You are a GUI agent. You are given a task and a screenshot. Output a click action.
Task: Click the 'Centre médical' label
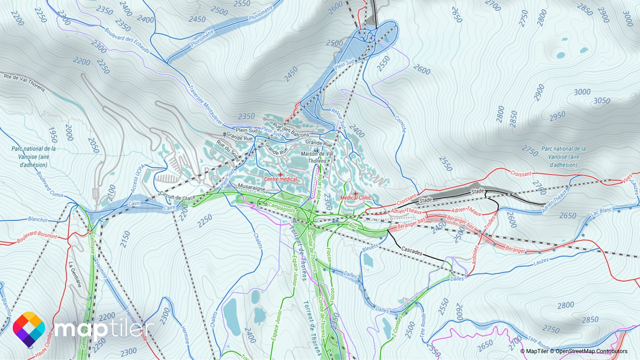[x=280, y=179]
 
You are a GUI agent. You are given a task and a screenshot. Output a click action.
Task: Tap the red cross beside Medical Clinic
[x=355, y=193]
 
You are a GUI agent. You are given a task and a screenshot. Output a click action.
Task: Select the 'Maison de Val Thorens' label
[x=317, y=157]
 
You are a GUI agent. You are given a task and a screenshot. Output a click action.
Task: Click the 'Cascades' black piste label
[x=412, y=251]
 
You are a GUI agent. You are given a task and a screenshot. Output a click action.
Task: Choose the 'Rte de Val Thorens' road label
[x=24, y=82]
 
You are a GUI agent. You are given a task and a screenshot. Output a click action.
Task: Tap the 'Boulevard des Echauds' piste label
[x=127, y=40]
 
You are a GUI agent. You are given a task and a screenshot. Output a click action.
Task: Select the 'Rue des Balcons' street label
[x=291, y=130]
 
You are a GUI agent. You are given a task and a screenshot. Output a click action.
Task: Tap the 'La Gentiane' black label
[x=75, y=274]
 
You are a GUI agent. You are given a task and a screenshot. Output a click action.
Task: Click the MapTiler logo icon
[x=29, y=329]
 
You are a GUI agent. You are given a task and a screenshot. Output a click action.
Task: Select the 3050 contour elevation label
[x=602, y=101]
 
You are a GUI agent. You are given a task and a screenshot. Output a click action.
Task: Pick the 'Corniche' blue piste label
[x=400, y=124]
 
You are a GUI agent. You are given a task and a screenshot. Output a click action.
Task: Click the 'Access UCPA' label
[x=137, y=178]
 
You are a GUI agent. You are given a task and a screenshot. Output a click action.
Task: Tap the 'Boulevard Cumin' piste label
[x=49, y=184]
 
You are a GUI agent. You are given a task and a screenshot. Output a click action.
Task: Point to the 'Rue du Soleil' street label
[x=228, y=151]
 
